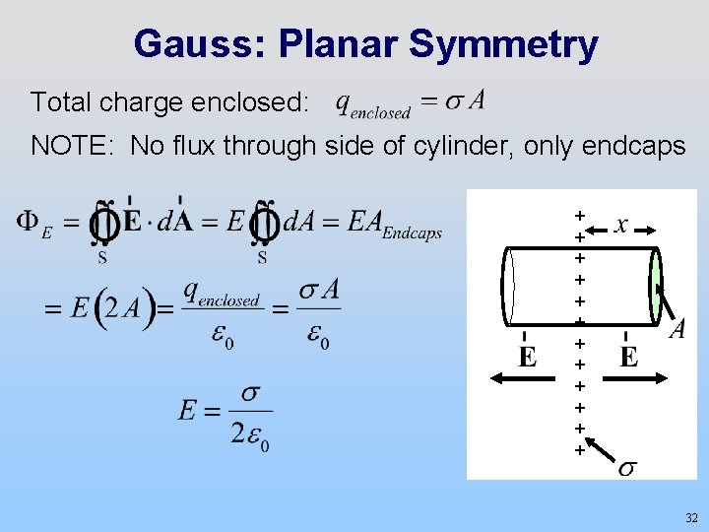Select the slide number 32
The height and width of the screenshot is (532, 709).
point(690,517)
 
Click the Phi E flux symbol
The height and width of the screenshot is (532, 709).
point(33,225)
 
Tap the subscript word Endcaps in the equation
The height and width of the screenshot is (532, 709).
point(411,233)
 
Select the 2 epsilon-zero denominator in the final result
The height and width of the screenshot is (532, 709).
point(251,434)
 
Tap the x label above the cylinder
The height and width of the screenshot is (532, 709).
point(621,226)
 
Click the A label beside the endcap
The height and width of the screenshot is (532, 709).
point(677,329)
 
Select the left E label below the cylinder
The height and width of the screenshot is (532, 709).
point(528,356)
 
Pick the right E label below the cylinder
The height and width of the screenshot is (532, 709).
point(629,356)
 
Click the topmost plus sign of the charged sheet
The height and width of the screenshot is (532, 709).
point(580,214)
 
